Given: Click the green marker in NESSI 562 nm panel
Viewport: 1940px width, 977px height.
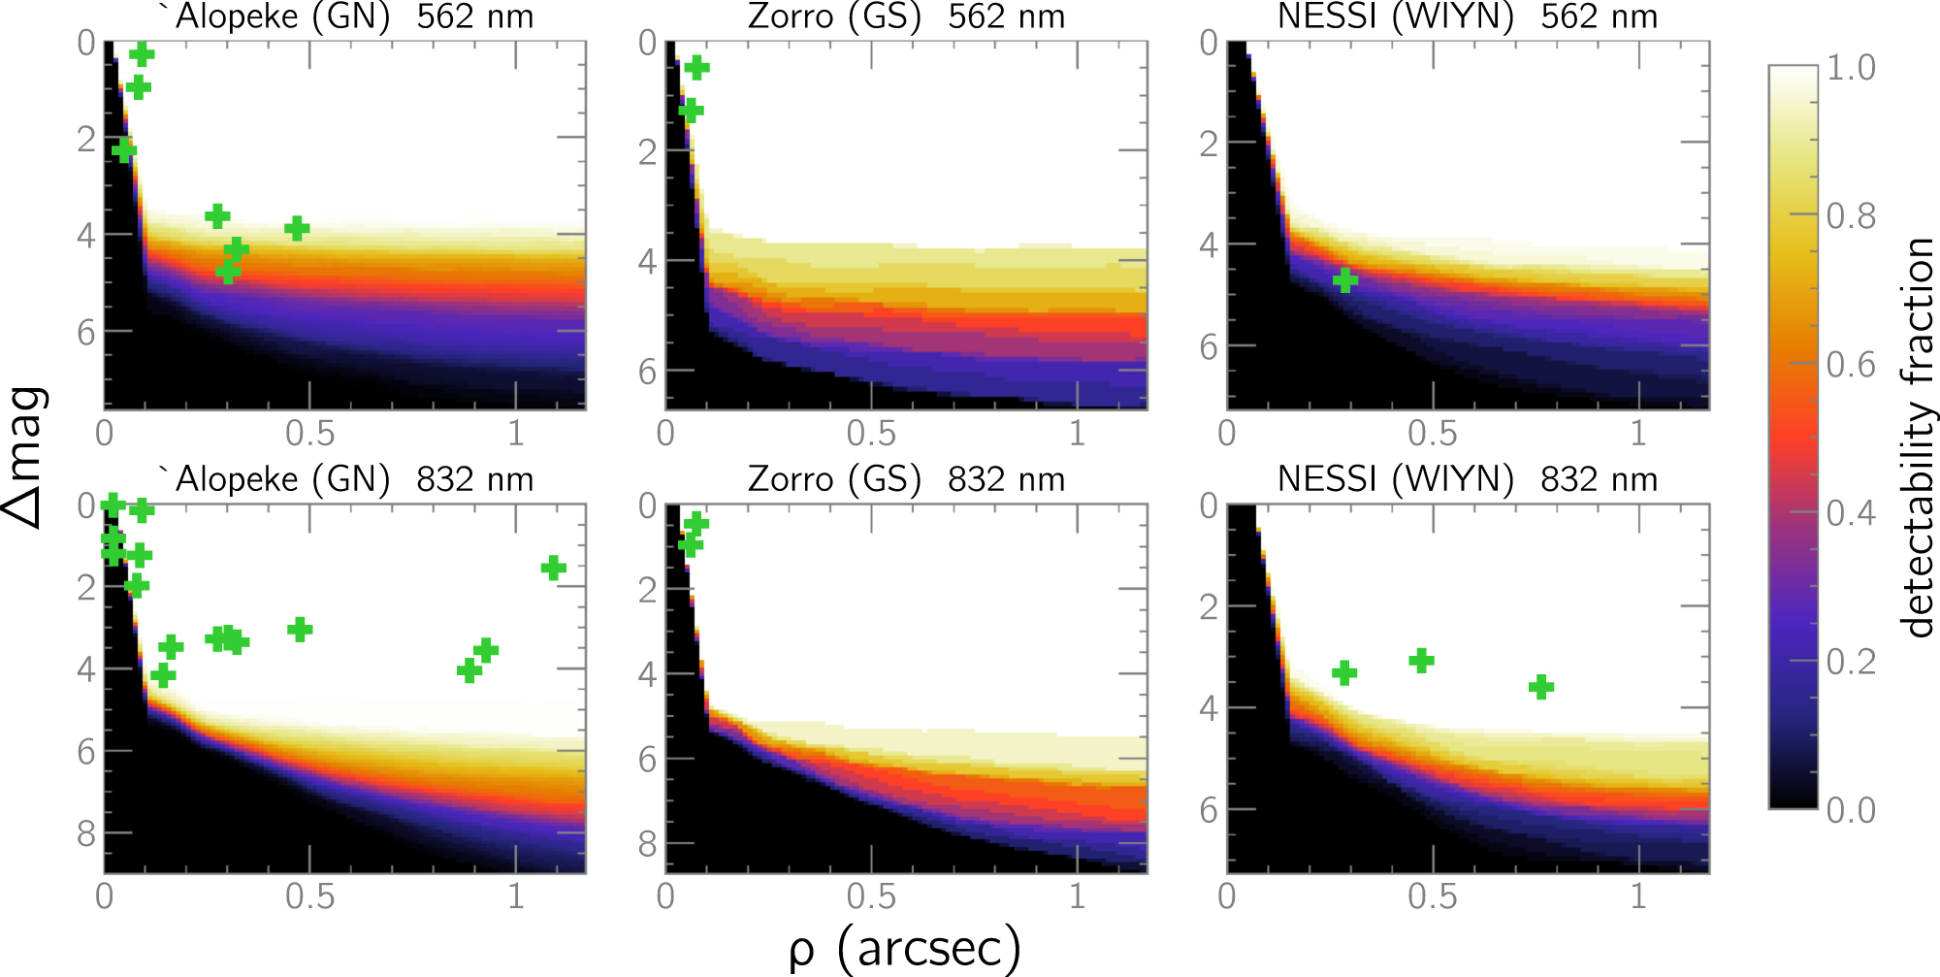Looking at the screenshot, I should (1344, 280).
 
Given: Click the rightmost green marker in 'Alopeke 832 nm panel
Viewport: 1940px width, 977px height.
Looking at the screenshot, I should (553, 568).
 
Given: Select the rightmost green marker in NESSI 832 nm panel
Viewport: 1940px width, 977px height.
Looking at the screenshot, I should (1541, 687).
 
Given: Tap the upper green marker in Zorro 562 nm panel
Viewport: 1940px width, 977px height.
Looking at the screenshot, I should (696, 67).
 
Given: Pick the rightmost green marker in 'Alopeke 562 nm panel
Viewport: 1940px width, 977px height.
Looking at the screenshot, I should (297, 229).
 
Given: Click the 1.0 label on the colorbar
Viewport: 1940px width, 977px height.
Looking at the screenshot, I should (1851, 68).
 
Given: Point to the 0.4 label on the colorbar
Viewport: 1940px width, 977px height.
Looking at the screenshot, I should (1851, 513).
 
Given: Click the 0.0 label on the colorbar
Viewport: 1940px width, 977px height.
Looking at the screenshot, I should (1851, 810).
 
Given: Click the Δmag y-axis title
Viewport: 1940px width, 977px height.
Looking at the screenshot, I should (26, 456).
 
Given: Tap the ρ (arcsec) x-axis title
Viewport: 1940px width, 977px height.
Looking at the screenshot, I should (904, 948).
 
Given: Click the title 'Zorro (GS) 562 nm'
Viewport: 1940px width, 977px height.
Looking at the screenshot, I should (906, 16).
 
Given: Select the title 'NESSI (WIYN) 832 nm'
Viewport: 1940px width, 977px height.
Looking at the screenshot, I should (1467, 479).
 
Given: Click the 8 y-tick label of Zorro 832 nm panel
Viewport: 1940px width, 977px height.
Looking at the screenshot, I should (647, 844).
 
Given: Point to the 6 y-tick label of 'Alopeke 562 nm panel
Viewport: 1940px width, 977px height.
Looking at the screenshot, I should (86, 333).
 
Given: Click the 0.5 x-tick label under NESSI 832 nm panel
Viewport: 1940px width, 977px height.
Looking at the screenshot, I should (1432, 897).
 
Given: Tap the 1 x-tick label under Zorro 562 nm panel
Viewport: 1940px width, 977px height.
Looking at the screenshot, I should (1077, 434).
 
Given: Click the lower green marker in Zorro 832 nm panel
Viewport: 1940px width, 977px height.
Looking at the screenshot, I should (690, 546).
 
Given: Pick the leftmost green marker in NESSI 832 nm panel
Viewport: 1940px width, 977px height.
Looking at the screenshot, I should (1343, 672).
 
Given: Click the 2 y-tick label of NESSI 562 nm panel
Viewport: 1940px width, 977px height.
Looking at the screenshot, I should (1208, 145).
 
